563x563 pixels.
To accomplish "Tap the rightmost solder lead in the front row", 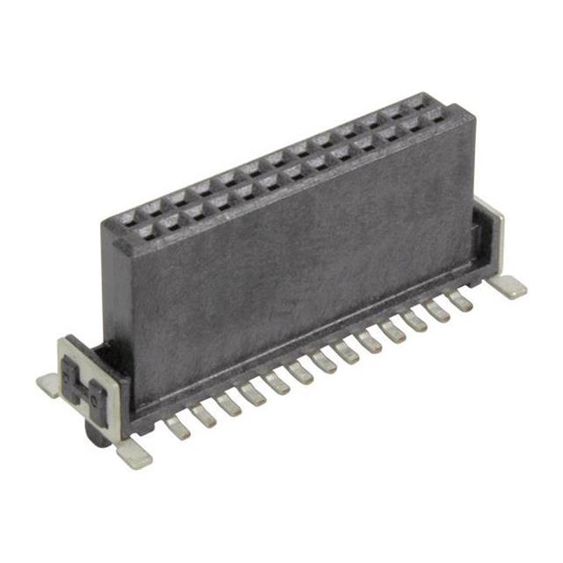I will click(459, 302).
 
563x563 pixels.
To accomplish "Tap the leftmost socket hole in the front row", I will click(145, 232).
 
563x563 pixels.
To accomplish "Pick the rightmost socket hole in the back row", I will click(416, 101).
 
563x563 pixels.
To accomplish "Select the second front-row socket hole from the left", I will click(170, 222).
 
